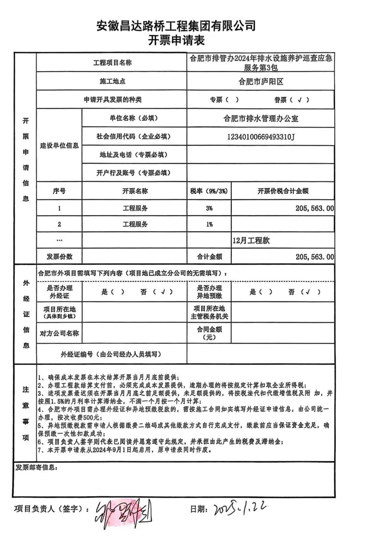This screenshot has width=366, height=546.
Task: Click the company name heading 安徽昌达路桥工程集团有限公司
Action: point(176,26)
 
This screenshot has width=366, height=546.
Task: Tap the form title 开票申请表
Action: point(176,40)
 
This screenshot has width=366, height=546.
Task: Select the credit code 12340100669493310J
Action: point(261,137)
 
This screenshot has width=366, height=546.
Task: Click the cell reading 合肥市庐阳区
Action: point(261,82)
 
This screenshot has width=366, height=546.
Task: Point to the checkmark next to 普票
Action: point(299,100)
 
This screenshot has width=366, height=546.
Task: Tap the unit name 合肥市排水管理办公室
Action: point(261,118)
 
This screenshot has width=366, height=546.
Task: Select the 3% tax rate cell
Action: point(209,208)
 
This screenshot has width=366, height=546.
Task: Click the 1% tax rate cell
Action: point(209,224)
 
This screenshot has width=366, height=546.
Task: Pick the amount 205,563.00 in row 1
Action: point(315,208)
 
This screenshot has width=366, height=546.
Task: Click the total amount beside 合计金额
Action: point(315,257)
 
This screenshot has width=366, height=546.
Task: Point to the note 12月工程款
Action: point(251,241)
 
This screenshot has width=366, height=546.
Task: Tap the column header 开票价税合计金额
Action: point(283,191)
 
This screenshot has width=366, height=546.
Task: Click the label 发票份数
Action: point(59,257)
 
